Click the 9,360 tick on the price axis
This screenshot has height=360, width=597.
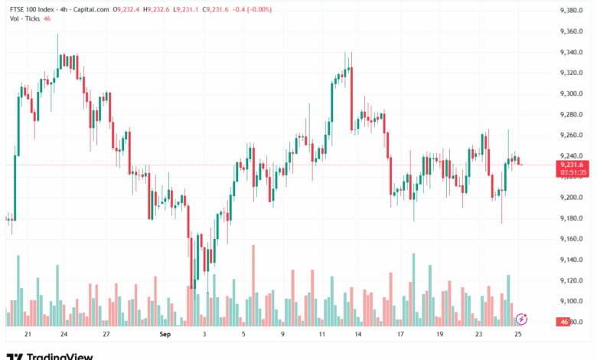point(572,31)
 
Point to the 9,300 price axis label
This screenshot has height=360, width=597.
point(572,93)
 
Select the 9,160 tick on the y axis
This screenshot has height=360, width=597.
point(572,239)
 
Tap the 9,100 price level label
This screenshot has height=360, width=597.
point(572,301)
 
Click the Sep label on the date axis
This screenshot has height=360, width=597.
point(165,335)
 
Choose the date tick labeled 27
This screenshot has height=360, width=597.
point(106,335)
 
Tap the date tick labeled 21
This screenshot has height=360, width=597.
point(28,335)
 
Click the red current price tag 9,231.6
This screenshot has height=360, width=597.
point(572,165)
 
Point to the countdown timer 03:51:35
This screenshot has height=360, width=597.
point(572,172)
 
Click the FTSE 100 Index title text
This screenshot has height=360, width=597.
point(30,9)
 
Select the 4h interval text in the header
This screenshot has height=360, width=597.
point(64,9)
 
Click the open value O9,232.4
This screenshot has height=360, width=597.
point(126,9)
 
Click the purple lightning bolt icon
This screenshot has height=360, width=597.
point(521,318)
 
